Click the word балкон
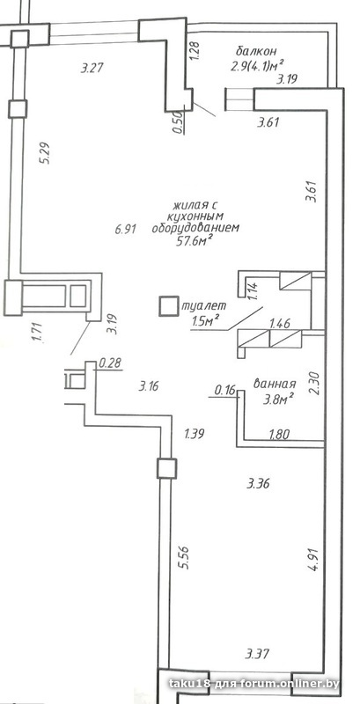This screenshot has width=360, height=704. [257, 50]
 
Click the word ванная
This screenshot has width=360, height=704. [275, 384]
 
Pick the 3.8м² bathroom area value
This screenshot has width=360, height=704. [278, 398]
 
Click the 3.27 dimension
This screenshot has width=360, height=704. [92, 69]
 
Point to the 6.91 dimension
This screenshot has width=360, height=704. [125, 231]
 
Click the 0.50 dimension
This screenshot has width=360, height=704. [178, 122]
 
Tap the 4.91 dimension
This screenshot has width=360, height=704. [313, 559]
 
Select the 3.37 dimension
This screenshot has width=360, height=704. [257, 652]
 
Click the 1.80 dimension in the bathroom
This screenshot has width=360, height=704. [279, 434]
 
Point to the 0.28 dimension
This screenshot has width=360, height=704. [109, 363]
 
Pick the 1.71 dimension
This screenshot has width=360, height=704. [38, 333]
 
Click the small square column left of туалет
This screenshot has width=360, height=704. [169, 306]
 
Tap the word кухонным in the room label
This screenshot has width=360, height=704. [195, 216]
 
